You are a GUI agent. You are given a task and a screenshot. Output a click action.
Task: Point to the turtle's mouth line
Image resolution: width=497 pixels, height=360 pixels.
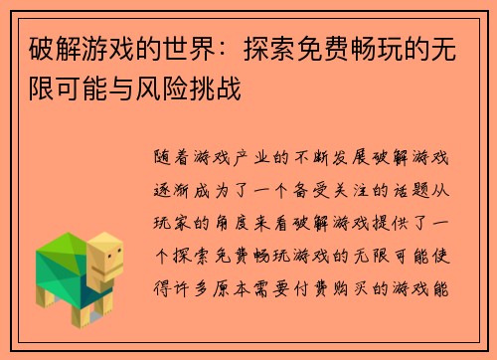(x=111, y=274)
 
